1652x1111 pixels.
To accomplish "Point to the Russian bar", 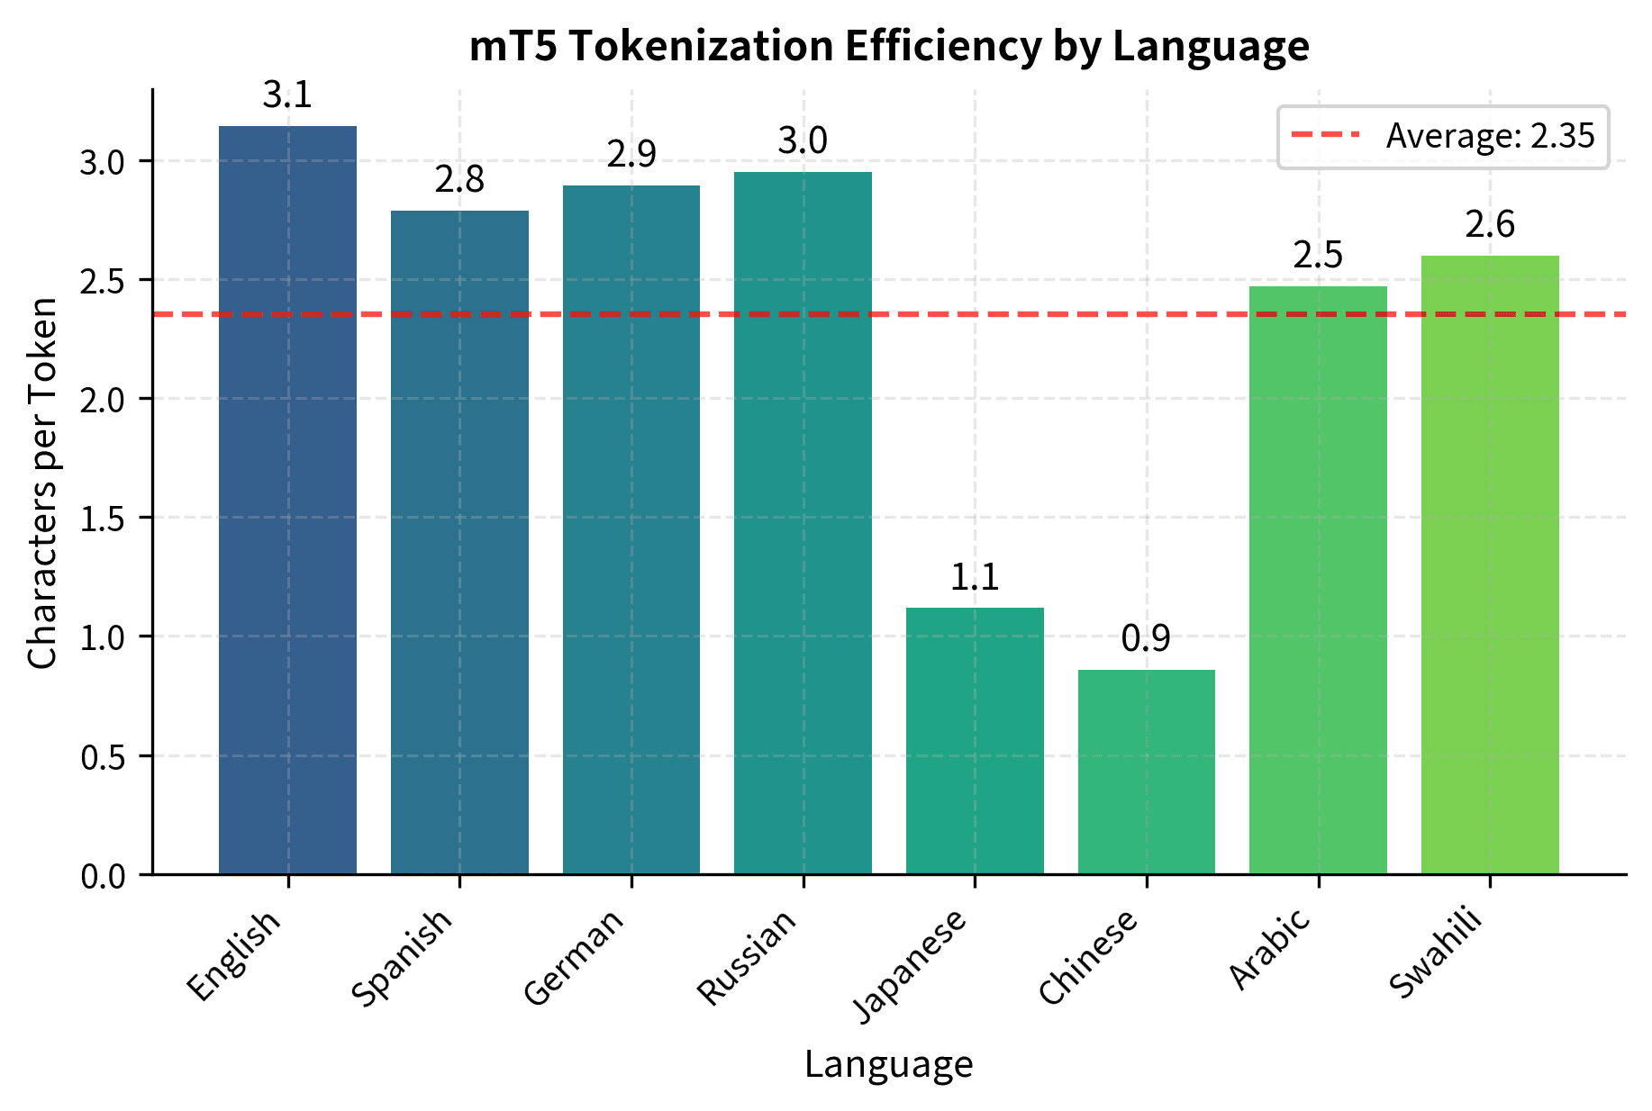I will click(x=803, y=522).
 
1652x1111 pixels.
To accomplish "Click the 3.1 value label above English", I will click(x=287, y=95).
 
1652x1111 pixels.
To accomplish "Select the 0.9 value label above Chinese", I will click(x=1146, y=639).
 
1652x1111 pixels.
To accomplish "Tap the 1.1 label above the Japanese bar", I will click(x=975, y=577).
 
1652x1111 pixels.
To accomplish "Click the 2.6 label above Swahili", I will click(x=1490, y=225).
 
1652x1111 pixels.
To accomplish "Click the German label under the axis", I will click(x=574, y=956).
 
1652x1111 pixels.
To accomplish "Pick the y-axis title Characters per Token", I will click(x=43, y=483).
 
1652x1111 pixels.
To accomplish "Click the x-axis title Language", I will click(x=888, y=1064).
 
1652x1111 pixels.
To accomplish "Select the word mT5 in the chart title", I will click(x=511, y=46).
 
